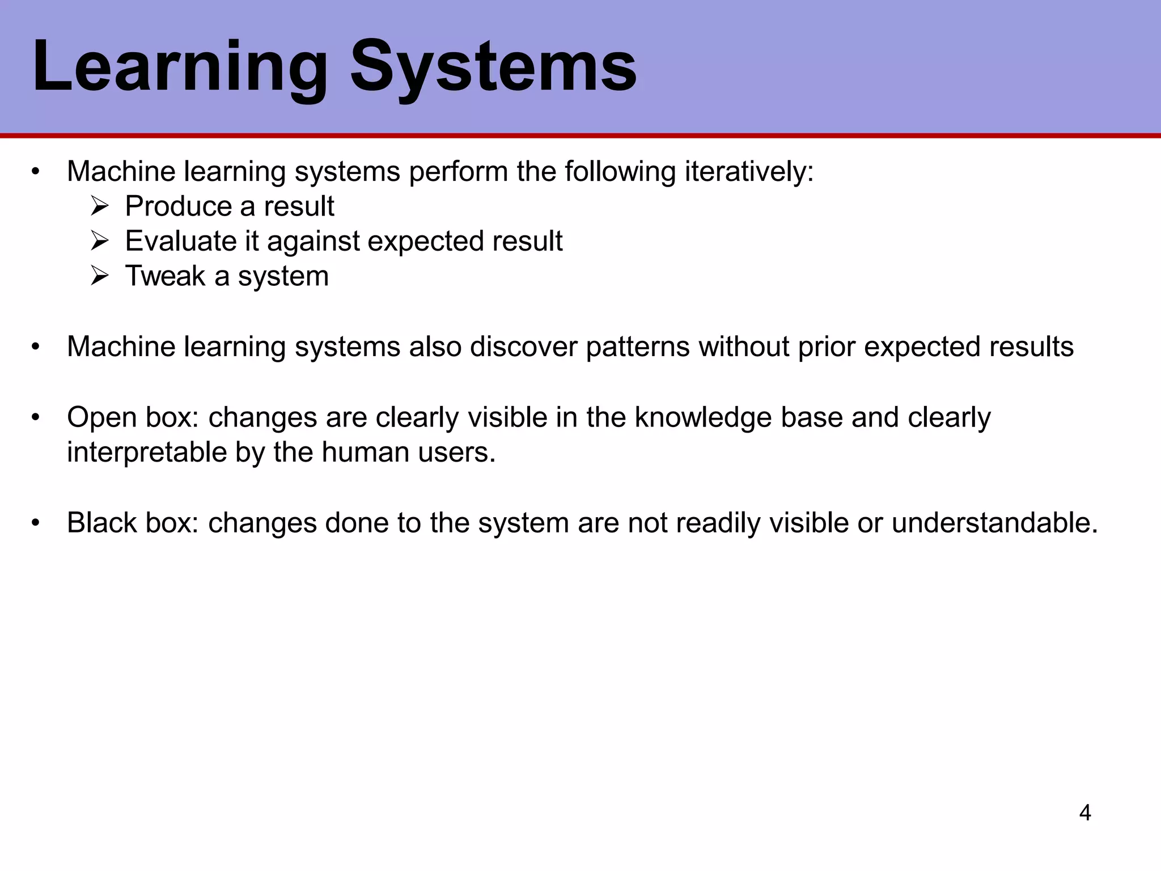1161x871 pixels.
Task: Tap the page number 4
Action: coord(1085,813)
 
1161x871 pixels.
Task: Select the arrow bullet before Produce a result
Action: coord(99,207)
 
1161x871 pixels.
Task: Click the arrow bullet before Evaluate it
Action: coord(99,242)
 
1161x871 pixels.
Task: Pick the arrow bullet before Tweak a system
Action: coord(99,277)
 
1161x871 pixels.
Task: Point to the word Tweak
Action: coord(165,276)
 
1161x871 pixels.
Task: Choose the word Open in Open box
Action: coord(101,418)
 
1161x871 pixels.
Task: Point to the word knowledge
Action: coord(703,418)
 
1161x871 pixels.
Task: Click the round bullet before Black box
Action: coord(36,523)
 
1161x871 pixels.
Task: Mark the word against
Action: coord(313,242)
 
